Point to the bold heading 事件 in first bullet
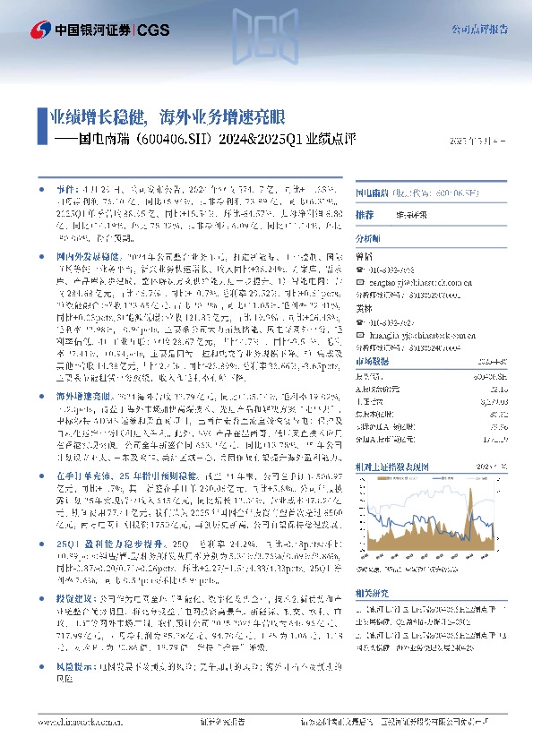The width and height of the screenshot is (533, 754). pyautogui.click(x=67, y=191)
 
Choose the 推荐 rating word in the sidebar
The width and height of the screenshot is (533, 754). pyautogui.click(x=364, y=216)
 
